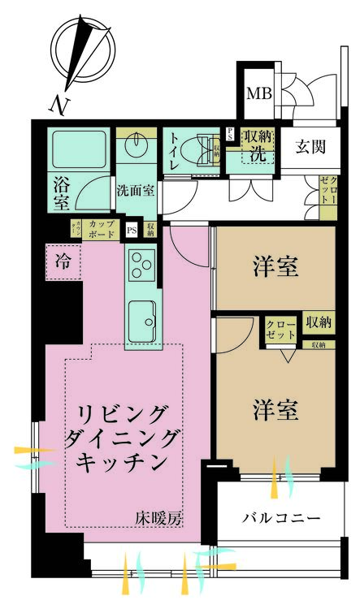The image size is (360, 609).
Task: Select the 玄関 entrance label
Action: click(x=310, y=147)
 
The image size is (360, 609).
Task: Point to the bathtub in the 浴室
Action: click(x=75, y=152)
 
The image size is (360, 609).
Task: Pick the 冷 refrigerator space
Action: click(x=63, y=261)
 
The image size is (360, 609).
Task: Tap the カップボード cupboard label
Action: click(x=102, y=229)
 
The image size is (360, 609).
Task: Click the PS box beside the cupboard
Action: click(x=132, y=231)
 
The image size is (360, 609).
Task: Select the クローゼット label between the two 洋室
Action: click(x=282, y=329)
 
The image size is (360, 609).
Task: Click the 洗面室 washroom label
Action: click(x=134, y=192)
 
